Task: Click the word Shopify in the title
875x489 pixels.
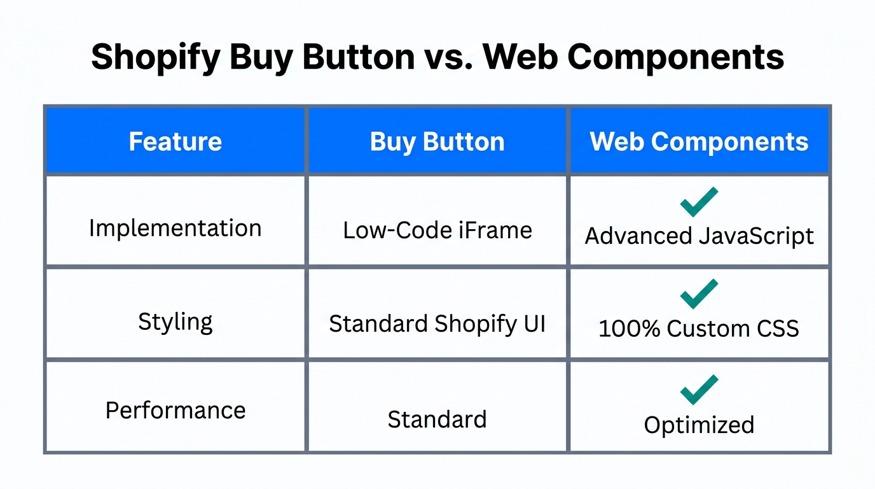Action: coord(155,57)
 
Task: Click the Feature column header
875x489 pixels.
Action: coord(176,141)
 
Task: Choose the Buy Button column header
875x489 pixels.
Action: coord(437,141)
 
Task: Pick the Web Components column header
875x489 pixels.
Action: coord(699,141)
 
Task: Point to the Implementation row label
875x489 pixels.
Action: coord(176,228)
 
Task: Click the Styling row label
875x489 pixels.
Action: coord(176,322)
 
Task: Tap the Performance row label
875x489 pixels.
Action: coord(176,410)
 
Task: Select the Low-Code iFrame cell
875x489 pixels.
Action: coord(437,230)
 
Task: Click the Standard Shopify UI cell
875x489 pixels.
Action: coord(437,324)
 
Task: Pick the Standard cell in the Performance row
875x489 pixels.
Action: coord(437,419)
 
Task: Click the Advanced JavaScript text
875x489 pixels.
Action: coord(699,236)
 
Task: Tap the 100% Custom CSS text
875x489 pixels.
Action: coord(699,329)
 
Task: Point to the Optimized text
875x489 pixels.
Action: coord(699,425)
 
